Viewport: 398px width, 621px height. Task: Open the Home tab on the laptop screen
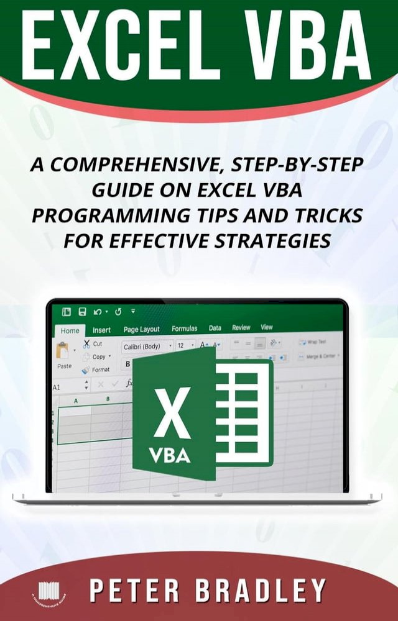[x=70, y=331]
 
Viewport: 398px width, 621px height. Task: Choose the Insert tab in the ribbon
[x=101, y=330]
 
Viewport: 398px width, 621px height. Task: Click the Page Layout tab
[x=141, y=329]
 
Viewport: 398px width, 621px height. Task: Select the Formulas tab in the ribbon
[x=184, y=329]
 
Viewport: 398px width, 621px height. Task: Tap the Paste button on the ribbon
[x=64, y=355]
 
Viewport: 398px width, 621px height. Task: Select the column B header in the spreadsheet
[x=108, y=398]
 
